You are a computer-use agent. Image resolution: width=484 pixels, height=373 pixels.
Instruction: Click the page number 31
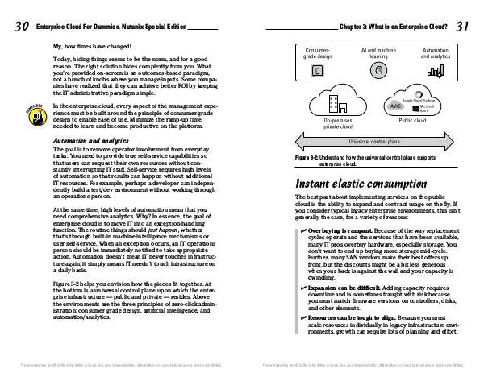pyautogui.click(x=462, y=27)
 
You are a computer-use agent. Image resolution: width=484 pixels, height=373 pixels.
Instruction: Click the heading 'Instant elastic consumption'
pyautogui.click(x=359, y=184)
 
